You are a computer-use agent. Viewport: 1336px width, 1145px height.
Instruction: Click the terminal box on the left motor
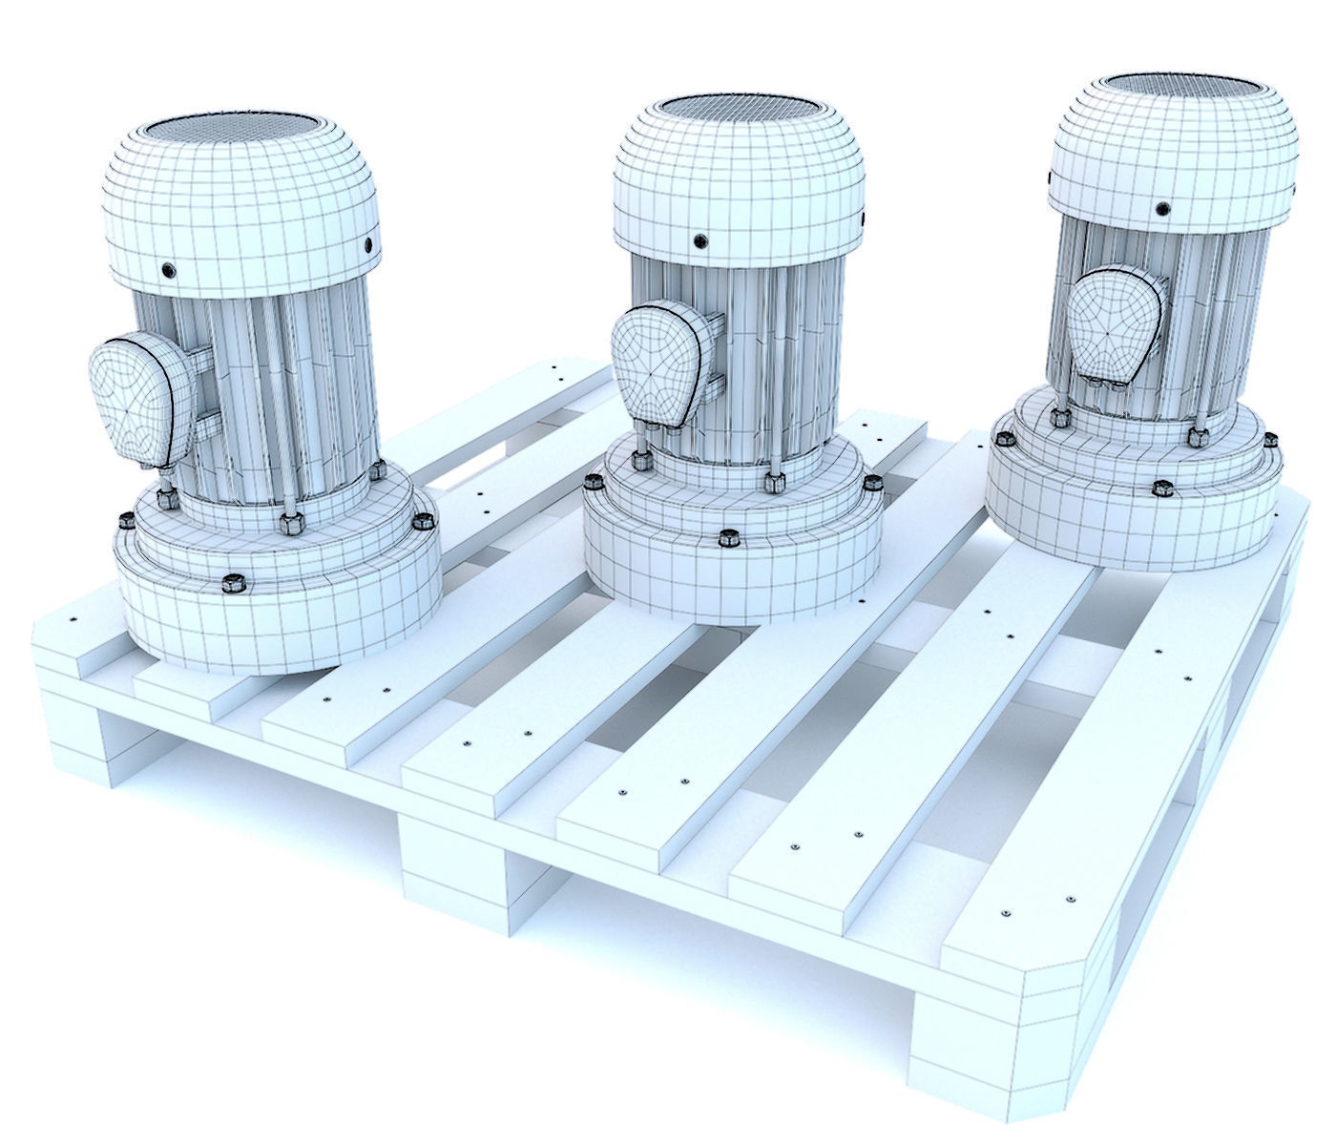136,400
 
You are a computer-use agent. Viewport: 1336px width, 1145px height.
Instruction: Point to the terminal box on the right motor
1112,319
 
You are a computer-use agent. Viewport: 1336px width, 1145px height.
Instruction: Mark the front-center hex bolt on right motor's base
1162,489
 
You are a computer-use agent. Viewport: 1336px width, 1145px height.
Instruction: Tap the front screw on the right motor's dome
1161,208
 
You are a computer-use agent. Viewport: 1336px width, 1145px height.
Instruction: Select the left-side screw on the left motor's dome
169,271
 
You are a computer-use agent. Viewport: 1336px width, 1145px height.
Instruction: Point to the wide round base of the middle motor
730,577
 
